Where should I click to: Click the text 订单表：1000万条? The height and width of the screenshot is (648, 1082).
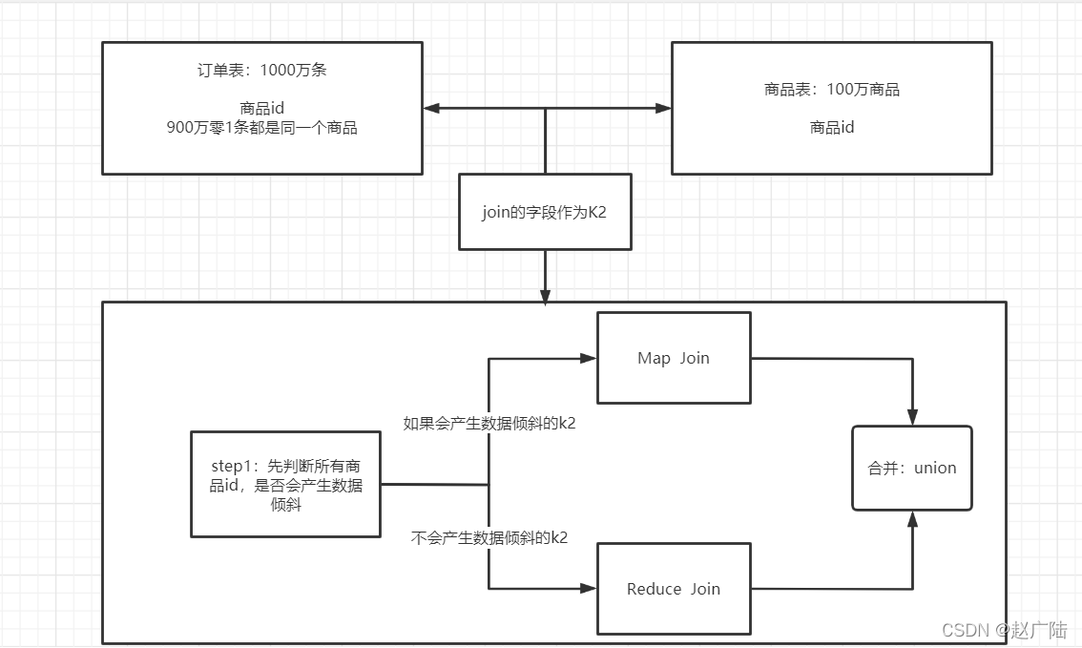tap(261, 71)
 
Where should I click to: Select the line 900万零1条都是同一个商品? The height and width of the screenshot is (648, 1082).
tap(261, 127)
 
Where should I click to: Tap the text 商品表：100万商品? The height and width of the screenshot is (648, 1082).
tap(831, 90)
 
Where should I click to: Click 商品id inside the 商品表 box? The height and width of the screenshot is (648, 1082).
tap(831, 127)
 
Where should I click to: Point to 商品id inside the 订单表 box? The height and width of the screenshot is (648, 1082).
tap(261, 109)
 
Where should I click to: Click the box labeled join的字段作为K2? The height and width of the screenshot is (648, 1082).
tap(544, 212)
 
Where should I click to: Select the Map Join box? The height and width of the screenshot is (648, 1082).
tap(674, 358)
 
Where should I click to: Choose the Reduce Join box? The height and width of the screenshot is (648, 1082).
tap(674, 589)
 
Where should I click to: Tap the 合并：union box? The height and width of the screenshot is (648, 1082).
tap(911, 468)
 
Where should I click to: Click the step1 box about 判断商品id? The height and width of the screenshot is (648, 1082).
tap(285, 484)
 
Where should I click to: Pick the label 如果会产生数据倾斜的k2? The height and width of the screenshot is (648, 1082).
tap(489, 424)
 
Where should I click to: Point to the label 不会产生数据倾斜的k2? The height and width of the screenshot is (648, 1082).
tap(489, 537)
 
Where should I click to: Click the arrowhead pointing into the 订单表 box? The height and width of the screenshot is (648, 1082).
tap(431, 109)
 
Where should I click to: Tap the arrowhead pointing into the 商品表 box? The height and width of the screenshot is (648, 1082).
tap(663, 109)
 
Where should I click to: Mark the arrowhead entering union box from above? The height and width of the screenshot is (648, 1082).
tap(913, 418)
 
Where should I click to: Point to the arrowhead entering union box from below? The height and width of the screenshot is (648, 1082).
tap(913, 518)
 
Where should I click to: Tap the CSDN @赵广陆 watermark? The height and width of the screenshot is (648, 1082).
tap(1004, 630)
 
